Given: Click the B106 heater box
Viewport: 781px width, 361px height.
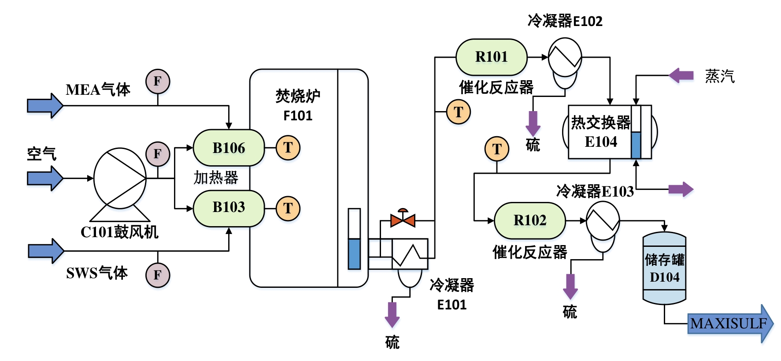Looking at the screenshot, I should coord(229,148).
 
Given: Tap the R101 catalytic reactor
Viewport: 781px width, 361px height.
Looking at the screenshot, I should coord(491,57).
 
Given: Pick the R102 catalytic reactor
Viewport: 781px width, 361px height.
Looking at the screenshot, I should coord(529,220).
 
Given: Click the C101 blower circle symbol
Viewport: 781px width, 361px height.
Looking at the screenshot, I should coord(120,178).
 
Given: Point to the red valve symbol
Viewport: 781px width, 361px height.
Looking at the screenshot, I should coord(403,219).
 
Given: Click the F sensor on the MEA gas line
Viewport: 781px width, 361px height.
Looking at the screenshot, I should coord(158,81).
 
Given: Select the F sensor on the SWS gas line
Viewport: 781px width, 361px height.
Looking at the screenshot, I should coord(158,275).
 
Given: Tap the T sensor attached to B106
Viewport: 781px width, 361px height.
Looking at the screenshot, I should coord(288,148).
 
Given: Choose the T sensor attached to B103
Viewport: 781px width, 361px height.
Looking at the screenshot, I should coord(288,208).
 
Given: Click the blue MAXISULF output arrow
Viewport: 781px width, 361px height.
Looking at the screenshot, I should coord(729,324).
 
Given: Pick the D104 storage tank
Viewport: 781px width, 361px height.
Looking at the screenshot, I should coord(664,268).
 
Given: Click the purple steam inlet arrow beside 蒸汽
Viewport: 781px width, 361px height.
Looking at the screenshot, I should coord(681,75).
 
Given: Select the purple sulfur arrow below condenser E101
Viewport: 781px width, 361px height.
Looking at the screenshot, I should coord(392,314).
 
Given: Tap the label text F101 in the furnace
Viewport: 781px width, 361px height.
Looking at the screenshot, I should coord(298,116).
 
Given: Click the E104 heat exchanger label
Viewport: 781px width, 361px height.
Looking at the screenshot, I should coord(601,142).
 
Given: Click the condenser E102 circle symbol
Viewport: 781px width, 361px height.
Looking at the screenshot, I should coord(565,57).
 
